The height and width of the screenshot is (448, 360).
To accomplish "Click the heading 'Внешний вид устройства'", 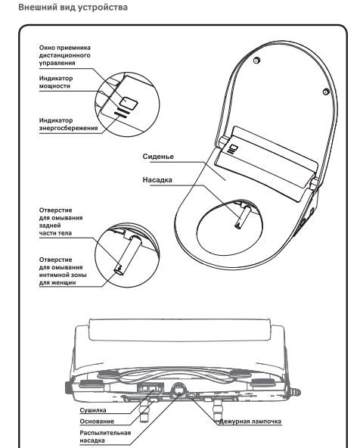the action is [x=73, y=7].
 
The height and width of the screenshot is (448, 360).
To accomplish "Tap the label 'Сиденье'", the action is [x=158, y=157].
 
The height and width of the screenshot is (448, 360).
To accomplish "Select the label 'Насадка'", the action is [x=157, y=180].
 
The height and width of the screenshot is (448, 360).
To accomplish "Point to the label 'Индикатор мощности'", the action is [x=56, y=82].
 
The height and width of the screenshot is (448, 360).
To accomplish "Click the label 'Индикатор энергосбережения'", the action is [x=69, y=124].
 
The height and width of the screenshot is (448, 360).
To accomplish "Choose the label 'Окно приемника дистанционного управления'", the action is [x=65, y=55].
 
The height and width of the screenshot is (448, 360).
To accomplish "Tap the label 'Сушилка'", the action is [x=93, y=410].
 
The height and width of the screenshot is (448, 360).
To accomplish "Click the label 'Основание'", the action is [x=97, y=422].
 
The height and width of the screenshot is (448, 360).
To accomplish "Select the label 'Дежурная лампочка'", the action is [x=250, y=422].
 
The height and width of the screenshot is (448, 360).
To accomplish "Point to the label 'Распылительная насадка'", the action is [x=105, y=437].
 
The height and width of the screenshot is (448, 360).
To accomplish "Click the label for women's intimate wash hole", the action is [x=63, y=271].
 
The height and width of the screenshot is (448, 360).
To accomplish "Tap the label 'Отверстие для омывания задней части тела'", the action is [x=61, y=222].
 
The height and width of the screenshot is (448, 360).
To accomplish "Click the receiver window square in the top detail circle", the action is [x=128, y=102].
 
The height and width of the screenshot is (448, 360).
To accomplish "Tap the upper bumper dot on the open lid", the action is [x=256, y=60].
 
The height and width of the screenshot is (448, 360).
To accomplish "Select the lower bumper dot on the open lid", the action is [x=326, y=92].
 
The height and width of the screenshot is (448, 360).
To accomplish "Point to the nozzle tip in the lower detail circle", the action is [x=119, y=270].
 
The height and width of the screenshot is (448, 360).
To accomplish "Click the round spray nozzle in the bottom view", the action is [x=178, y=390].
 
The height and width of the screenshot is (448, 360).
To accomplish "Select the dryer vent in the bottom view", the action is [x=151, y=388].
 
